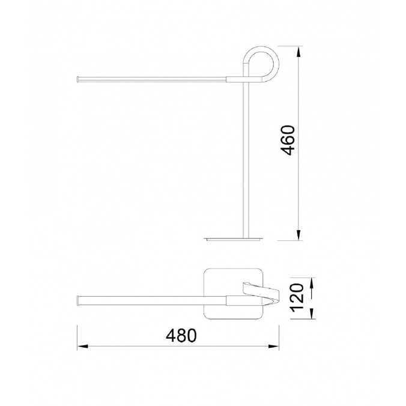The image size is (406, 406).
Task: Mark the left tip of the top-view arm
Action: (79, 299)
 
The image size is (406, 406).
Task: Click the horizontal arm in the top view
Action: (150, 299)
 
